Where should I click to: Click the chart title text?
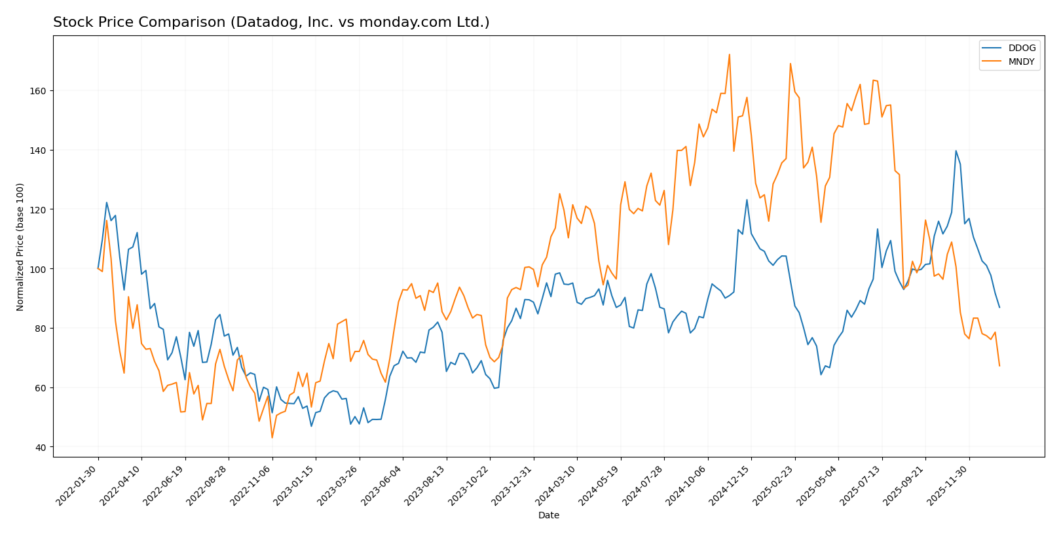(x=271, y=22)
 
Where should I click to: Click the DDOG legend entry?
(x=1021, y=48)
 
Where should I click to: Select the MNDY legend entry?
(x=1021, y=62)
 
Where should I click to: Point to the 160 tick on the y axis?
(x=38, y=91)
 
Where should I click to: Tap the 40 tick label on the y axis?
(x=41, y=448)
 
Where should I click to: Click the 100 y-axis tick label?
(x=38, y=269)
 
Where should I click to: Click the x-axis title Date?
(x=548, y=516)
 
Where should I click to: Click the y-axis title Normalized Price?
(x=20, y=247)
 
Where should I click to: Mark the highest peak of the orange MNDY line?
(x=729, y=54)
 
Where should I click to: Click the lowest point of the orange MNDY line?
(x=272, y=438)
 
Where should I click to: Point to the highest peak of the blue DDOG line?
(x=956, y=151)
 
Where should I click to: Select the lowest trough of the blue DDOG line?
(x=311, y=426)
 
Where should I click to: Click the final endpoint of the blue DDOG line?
(x=999, y=307)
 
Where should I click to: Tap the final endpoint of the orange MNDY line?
(x=999, y=366)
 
